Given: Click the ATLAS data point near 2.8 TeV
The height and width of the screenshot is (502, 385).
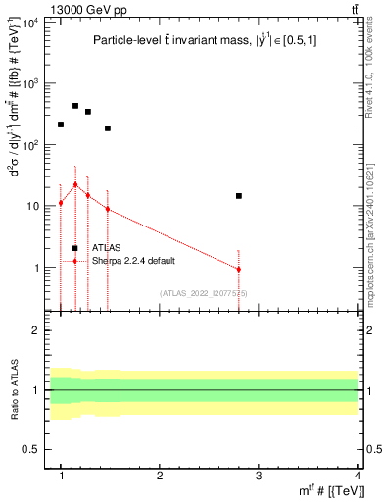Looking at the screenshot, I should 238,196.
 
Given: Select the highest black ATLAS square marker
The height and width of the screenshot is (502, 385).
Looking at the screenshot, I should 75,106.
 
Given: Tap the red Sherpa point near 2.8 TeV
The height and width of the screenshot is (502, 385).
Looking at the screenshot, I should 238,269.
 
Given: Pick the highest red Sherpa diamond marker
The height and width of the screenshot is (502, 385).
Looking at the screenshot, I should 75,184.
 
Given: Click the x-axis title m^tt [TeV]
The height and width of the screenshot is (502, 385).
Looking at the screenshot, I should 333,491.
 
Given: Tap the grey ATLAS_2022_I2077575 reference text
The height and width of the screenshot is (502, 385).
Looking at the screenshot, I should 204,293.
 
